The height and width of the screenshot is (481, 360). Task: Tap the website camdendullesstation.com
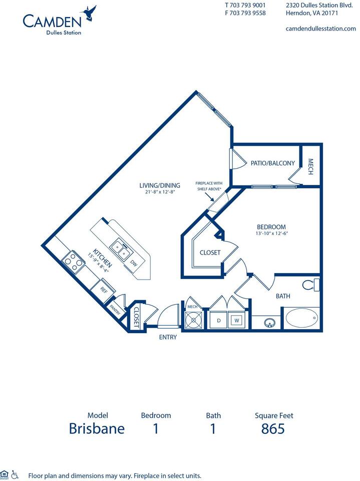point(320,29)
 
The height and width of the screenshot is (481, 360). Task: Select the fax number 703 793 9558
point(245,14)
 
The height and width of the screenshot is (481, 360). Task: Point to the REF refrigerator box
point(104,290)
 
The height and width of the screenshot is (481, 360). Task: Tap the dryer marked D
point(218,319)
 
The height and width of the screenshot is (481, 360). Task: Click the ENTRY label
point(168,337)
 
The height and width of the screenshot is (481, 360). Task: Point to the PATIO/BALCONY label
point(272,163)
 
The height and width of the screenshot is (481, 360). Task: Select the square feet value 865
point(273,429)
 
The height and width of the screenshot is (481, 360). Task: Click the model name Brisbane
point(97,429)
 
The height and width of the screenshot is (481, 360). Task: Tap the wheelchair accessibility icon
point(16,474)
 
